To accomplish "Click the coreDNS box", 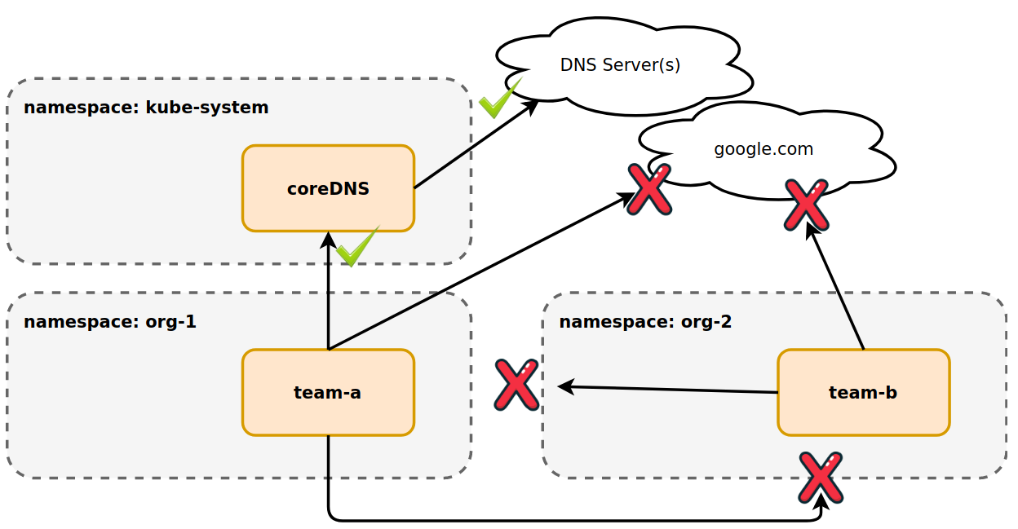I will [x=328, y=188].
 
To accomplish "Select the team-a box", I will [x=328, y=392].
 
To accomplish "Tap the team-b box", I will [x=863, y=392].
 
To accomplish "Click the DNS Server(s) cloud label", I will [x=620, y=64].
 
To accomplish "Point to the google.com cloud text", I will [x=763, y=149].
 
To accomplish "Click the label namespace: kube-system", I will [x=146, y=108].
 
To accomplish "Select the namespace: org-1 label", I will [x=110, y=321].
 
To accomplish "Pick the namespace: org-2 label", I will [x=645, y=321].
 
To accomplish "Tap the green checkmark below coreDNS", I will [x=357, y=247].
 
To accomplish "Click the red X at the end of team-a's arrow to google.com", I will [x=649, y=189].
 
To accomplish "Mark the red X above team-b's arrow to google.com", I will [x=806, y=205].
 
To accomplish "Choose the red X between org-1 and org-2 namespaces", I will [x=516, y=385].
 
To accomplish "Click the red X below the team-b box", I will [x=821, y=478].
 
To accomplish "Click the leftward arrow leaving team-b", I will [x=669, y=389].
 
